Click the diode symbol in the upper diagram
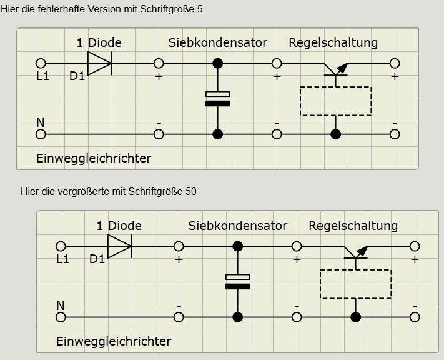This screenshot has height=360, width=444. click(x=99, y=63)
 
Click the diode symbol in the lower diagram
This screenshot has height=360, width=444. click(x=119, y=246)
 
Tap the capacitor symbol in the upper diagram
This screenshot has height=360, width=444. click(x=217, y=99)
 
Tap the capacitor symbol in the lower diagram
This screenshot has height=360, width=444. click(x=237, y=282)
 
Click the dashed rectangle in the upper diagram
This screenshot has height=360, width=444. click(x=335, y=101)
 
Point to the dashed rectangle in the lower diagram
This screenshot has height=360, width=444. click(x=355, y=284)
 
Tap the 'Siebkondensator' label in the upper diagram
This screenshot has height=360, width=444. click(x=217, y=43)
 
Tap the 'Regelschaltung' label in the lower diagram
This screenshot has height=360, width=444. click(x=353, y=226)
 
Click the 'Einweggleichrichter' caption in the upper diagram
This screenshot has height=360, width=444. click(x=94, y=158)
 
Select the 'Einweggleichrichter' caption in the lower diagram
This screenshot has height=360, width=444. click(x=114, y=341)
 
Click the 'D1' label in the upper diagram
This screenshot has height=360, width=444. click(x=77, y=76)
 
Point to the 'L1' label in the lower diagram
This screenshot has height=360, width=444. click(x=63, y=259)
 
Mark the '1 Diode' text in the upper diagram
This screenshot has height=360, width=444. click(x=99, y=43)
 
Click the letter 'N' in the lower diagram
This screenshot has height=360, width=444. click(x=61, y=305)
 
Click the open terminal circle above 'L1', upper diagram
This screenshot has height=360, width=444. click(x=41, y=63)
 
